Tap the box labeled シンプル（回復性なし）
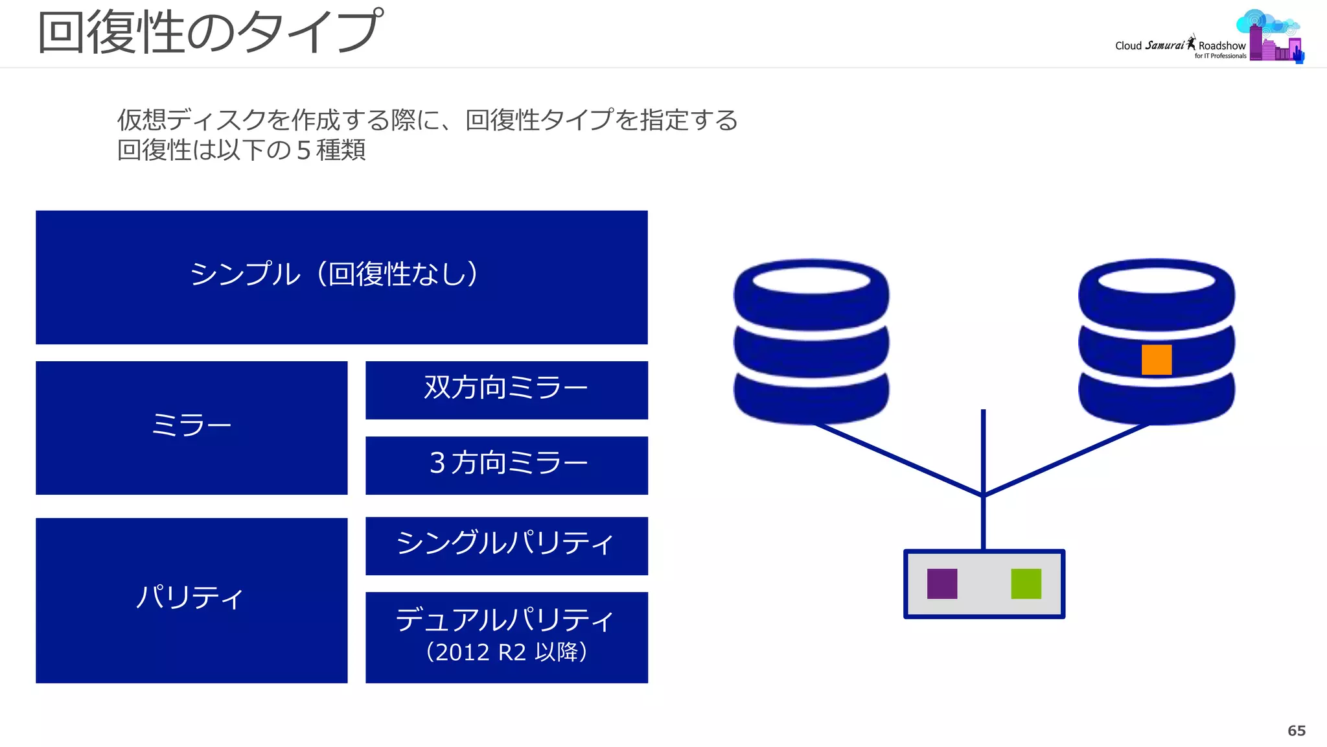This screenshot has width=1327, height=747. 341,277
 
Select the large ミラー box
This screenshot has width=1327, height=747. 191,427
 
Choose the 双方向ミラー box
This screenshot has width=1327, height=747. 506,390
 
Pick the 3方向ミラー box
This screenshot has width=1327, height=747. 506,465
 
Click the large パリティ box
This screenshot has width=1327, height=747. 191,599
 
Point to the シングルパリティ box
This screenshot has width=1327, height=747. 506,545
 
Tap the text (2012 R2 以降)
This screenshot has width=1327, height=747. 506,652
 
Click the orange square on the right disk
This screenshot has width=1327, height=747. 1156,360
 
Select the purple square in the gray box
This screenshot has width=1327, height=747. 941,584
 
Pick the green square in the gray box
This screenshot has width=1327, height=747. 1026,584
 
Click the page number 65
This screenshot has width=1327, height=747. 1296,731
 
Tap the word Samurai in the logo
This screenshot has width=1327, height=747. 1164,45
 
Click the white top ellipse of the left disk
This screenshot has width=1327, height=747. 811,280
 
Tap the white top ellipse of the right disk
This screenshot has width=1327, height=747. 1156,280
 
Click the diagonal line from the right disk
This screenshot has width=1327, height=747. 1067,460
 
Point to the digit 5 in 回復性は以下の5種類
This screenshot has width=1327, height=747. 303,150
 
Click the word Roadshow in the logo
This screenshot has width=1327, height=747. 1221,46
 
